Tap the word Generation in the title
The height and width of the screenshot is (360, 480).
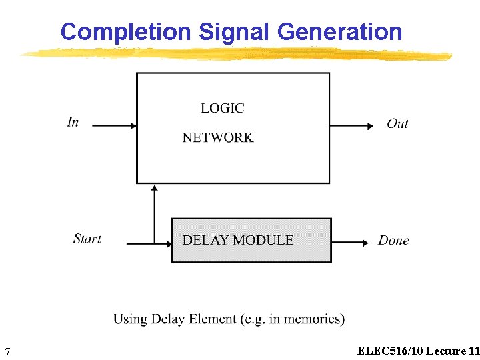pyautogui.click(x=339, y=31)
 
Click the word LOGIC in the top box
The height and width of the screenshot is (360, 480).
pyautogui.click(x=222, y=108)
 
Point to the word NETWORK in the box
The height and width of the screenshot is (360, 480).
pyautogui.click(x=218, y=138)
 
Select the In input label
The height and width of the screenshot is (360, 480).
pyautogui.click(x=73, y=122)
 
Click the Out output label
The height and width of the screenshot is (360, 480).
pyautogui.click(x=397, y=123)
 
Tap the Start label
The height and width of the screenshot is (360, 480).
pyautogui.click(x=87, y=239)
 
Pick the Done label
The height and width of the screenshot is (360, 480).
pyautogui.click(x=393, y=241)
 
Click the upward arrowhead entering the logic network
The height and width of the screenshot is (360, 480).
pyautogui.click(x=155, y=189)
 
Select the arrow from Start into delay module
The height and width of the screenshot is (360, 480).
pyautogui.click(x=148, y=244)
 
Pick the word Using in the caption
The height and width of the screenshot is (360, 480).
pyautogui.click(x=129, y=319)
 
